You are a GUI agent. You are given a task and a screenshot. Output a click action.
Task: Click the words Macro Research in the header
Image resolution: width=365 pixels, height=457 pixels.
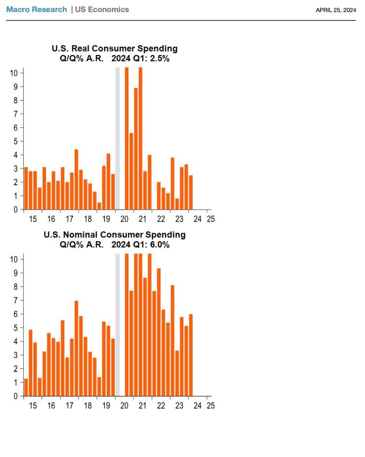(x=36, y=10)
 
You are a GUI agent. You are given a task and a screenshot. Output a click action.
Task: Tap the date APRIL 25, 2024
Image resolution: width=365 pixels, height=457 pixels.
(x=335, y=10)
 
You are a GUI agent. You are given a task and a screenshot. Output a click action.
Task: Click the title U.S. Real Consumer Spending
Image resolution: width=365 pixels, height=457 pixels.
(x=115, y=49)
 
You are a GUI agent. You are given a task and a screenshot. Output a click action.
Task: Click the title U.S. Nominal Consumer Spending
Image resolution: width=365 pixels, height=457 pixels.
(x=115, y=235)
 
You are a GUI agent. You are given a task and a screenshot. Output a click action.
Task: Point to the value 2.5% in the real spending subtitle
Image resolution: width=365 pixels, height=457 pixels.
(x=159, y=59)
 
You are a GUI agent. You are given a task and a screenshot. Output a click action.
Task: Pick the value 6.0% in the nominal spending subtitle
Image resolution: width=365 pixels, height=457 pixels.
(x=159, y=245)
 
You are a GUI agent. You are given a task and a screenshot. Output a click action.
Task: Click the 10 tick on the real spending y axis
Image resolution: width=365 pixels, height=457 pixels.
(x=14, y=73)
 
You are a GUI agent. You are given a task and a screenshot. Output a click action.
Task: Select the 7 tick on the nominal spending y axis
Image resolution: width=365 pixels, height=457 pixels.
(x=16, y=300)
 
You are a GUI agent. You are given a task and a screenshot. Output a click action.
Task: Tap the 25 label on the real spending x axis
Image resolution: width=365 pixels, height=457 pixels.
(x=210, y=219)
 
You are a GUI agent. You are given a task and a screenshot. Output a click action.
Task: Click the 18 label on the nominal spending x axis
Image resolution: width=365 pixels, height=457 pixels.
(x=88, y=405)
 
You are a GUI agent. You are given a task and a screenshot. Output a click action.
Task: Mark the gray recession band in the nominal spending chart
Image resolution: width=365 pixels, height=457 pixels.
(x=117, y=324)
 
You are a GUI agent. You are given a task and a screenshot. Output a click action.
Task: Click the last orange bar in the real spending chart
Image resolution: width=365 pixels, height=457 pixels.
(x=191, y=192)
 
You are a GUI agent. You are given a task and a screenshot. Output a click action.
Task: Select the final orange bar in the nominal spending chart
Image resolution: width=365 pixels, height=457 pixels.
(x=191, y=355)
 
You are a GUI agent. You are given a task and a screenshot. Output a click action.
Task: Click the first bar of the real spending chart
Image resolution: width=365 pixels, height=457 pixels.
(x=26, y=189)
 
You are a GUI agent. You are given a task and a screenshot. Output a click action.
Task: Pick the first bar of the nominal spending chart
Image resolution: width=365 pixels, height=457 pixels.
(x=26, y=387)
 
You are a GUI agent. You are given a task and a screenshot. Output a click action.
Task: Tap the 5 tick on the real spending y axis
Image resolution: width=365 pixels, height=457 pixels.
(x=16, y=141)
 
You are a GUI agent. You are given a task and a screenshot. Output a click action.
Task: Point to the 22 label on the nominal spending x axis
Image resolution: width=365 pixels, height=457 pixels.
(x=161, y=405)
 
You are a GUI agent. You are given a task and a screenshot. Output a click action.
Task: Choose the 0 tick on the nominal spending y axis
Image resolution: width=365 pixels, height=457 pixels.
(x=16, y=397)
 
